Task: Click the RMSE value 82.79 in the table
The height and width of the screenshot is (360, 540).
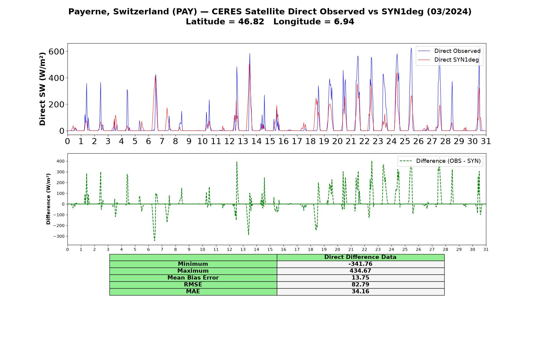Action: coord(360,284)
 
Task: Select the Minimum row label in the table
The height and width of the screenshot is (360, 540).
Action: coord(193,264)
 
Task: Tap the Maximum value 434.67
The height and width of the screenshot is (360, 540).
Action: coord(360,271)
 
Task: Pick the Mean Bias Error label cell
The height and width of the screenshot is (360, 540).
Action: coord(193,278)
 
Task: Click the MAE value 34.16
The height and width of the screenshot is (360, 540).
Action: coord(360,291)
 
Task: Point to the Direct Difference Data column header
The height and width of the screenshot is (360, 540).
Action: coord(360,257)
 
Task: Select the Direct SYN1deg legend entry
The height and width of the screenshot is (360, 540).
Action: coord(449,60)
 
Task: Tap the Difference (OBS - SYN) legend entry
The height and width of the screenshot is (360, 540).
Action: coord(440,161)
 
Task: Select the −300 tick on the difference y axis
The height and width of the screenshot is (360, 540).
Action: coord(59,236)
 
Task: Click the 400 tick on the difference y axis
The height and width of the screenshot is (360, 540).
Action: coord(61,161)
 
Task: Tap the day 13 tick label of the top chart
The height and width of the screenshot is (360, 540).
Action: coord(243,141)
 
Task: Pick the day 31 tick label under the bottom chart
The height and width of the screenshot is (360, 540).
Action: coord(486,250)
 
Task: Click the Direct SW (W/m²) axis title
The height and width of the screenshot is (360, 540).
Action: coord(42,89)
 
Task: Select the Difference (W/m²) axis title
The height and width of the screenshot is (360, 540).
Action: coord(48,199)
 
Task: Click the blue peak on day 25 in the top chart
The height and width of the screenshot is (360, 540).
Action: coord(411,48)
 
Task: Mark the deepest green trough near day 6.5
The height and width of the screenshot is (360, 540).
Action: coord(154,240)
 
